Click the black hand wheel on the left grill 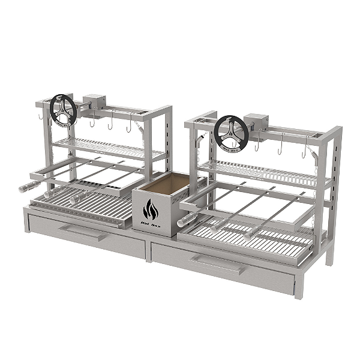63,110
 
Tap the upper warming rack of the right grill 264,170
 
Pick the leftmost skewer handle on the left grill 26,187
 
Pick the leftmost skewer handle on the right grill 186,219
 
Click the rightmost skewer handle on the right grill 250,235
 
